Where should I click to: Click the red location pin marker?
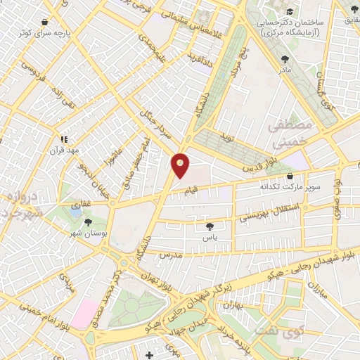pyautogui.click(x=181, y=165)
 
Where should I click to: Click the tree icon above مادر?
pyautogui.click(x=285, y=60)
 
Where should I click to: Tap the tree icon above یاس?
pyautogui.click(x=210, y=226)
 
